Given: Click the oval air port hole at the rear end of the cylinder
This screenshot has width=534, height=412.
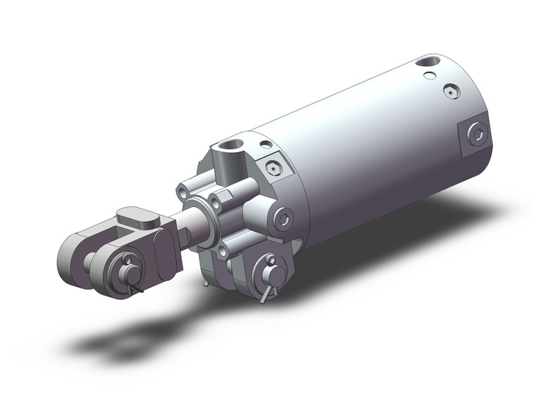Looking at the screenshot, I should pyautogui.click(x=423, y=62).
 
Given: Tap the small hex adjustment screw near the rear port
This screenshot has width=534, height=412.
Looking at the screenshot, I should pyautogui.click(x=449, y=91).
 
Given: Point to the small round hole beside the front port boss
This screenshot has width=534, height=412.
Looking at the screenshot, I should pyautogui.click(x=265, y=145).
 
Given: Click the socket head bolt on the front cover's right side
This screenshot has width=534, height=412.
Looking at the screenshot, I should pyautogui.click(x=282, y=220).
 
